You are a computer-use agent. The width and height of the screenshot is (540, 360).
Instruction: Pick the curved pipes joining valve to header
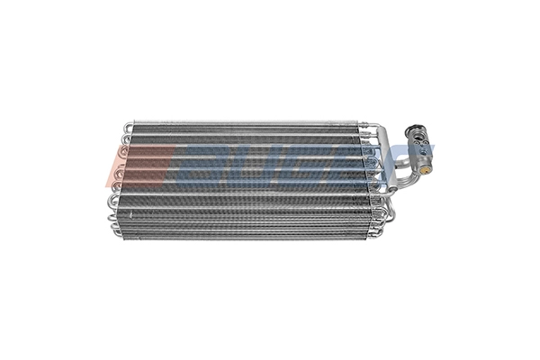(396, 167)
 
